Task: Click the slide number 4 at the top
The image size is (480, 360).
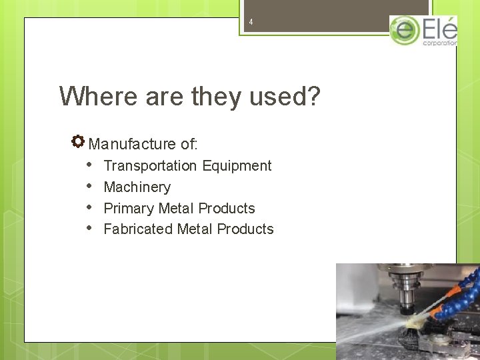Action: pyautogui.click(x=251, y=22)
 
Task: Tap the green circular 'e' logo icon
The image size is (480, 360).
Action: pyautogui.click(x=404, y=31)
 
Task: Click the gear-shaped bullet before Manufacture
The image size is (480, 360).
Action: pyautogui.click(x=78, y=141)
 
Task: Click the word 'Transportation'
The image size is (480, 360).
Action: pyautogui.click(x=150, y=165)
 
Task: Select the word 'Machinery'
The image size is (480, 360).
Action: pyautogui.click(x=137, y=187)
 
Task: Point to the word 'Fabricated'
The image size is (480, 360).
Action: pyautogui.click(x=138, y=229)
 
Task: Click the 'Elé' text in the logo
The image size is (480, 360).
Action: pyautogui.click(x=440, y=29)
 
